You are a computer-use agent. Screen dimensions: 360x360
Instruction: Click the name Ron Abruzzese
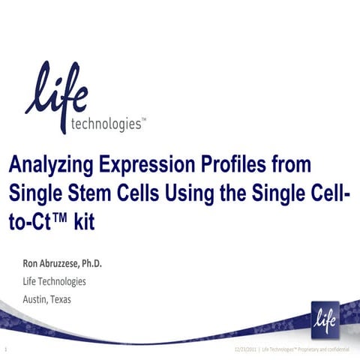[x=53, y=264]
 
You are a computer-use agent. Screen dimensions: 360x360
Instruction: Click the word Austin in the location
[x=39, y=298]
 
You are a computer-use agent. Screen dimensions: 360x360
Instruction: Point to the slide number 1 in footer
[x=6, y=350]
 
